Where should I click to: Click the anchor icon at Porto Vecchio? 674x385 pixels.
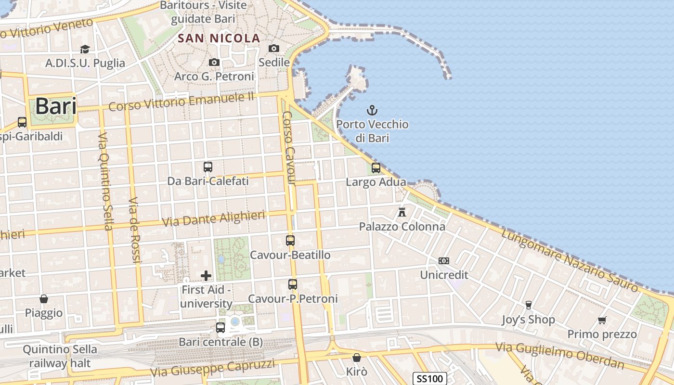point(372,110)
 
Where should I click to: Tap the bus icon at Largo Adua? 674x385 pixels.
point(376,168)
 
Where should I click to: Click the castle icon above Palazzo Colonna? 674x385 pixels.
point(402,212)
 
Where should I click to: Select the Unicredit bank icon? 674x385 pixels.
point(444,261)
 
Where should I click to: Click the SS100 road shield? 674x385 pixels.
point(430,379)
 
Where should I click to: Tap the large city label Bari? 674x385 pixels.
point(56,106)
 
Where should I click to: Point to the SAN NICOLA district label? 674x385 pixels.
point(219,38)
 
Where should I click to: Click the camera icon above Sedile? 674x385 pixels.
point(274,48)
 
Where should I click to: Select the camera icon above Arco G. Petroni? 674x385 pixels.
point(214,62)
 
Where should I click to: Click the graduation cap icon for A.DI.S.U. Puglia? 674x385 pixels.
point(85,49)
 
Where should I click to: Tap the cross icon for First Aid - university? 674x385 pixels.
point(206,275)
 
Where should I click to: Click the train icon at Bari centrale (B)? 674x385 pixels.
point(220,328)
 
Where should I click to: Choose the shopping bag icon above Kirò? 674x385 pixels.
point(357,358)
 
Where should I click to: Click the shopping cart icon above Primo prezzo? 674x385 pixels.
point(602,320)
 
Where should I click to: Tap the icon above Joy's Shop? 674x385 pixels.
point(528,305)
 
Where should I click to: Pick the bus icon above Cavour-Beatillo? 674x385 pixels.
point(290,240)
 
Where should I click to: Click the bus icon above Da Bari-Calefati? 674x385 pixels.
point(208,167)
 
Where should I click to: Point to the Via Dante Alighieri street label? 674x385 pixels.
point(214,218)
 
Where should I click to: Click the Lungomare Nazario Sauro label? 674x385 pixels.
point(570,260)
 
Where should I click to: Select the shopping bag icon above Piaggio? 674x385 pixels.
point(44,299)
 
